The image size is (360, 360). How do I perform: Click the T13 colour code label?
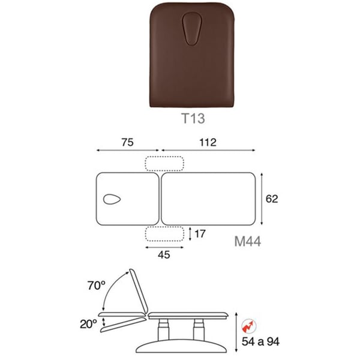(193, 118)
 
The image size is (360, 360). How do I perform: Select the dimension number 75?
(127, 142)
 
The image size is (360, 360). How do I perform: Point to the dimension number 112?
(208, 142)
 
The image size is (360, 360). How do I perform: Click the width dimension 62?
(272, 199)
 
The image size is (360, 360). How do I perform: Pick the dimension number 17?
(200, 234)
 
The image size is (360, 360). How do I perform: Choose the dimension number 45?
(164, 255)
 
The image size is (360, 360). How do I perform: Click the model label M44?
(247, 242)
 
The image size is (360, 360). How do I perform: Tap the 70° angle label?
(97, 286)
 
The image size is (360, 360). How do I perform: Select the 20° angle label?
(88, 324)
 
